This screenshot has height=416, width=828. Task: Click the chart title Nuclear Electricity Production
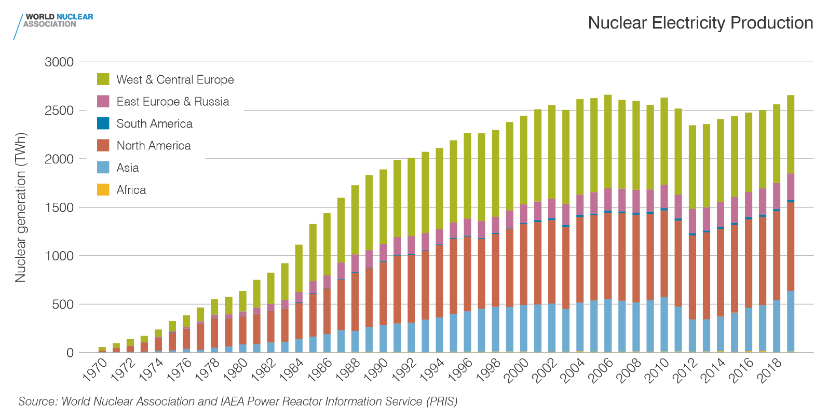pyautogui.click(x=700, y=23)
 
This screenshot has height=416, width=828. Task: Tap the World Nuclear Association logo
pyautogui.click(x=54, y=21)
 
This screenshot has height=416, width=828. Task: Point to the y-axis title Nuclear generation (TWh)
pyautogui.click(x=20, y=207)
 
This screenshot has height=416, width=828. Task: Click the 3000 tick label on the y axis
pyautogui.click(x=59, y=62)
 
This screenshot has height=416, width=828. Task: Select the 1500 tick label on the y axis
pyautogui.click(x=59, y=207)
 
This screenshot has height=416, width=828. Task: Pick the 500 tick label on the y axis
pyautogui.click(x=63, y=304)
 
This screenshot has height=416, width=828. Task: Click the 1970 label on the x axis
pyautogui.click(x=96, y=370)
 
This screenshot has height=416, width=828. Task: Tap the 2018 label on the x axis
pyautogui.click(x=769, y=370)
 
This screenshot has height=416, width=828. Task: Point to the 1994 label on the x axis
pyautogui.click(x=432, y=370)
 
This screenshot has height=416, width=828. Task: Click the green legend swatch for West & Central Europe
pyautogui.click(x=103, y=79)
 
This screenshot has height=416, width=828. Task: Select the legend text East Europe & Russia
pyautogui.click(x=173, y=102)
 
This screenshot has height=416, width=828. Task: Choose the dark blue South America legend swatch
pyautogui.click(x=103, y=123)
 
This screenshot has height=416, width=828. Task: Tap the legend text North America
pyautogui.click(x=154, y=146)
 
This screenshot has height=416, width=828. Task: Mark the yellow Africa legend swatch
pyautogui.click(x=103, y=190)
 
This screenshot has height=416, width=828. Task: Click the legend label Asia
pyautogui.click(x=128, y=168)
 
